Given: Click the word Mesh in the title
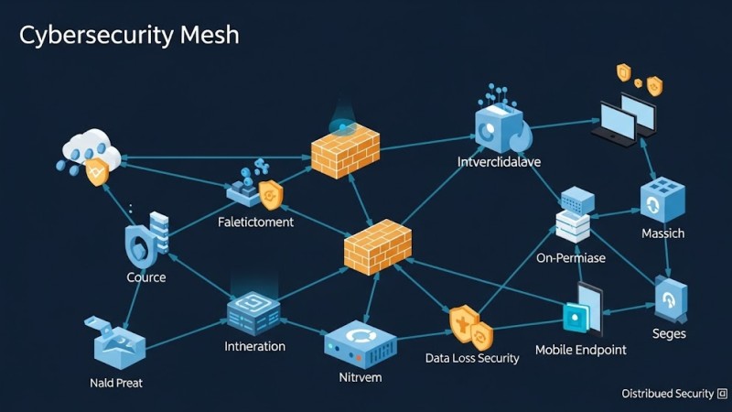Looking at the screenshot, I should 205,36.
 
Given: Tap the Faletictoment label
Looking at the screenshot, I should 255,222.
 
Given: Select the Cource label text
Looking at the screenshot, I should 146,276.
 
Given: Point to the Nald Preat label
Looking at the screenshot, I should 116,382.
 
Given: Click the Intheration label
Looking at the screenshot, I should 254,346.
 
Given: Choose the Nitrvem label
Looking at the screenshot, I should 360,376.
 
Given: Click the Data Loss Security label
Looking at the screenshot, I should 472,358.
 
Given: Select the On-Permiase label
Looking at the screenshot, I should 571,258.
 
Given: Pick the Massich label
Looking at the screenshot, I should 662,233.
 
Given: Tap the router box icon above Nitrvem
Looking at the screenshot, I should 360,342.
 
